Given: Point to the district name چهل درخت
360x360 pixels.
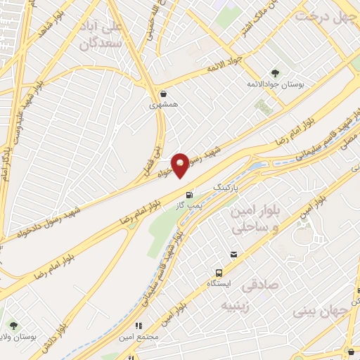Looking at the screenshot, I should click(x=326, y=15).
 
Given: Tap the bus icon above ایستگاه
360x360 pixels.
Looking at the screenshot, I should click(x=218, y=272).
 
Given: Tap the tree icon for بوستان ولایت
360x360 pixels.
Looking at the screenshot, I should click(x=13, y=325).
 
